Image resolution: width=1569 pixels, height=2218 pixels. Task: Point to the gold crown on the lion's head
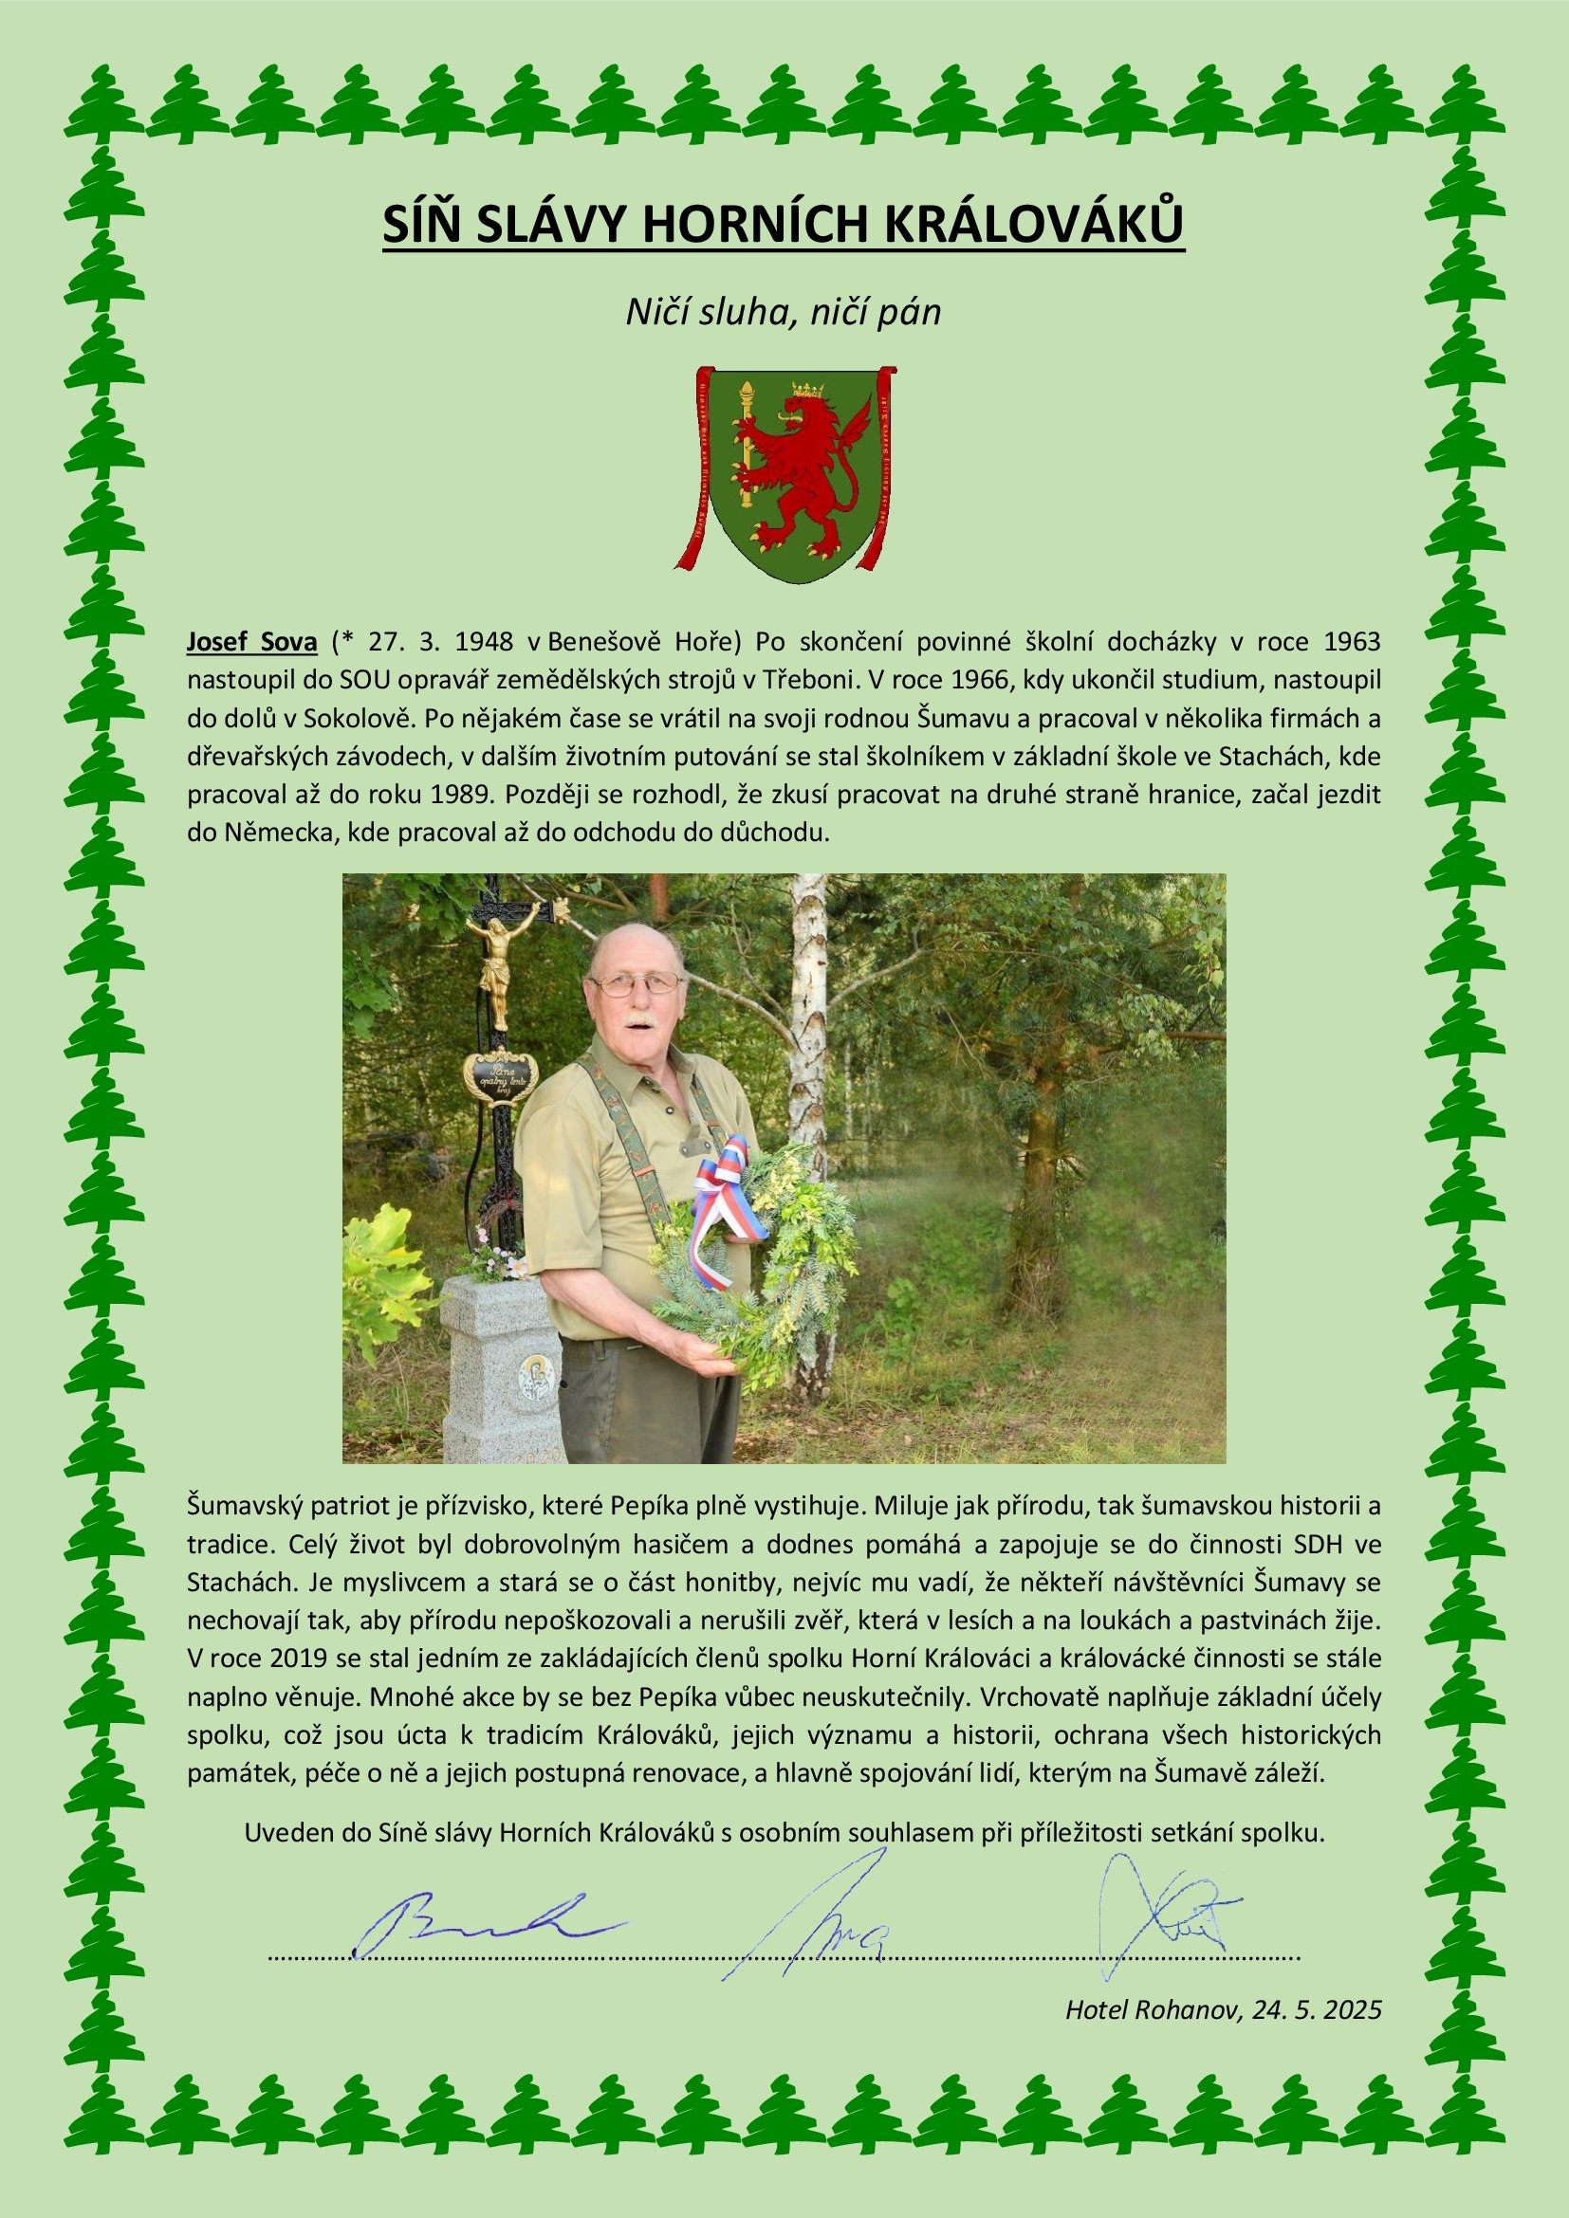[x=803, y=392]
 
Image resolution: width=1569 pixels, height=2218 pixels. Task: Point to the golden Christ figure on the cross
[x=492, y=966]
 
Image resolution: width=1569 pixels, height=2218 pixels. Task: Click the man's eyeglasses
[x=637, y=983]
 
